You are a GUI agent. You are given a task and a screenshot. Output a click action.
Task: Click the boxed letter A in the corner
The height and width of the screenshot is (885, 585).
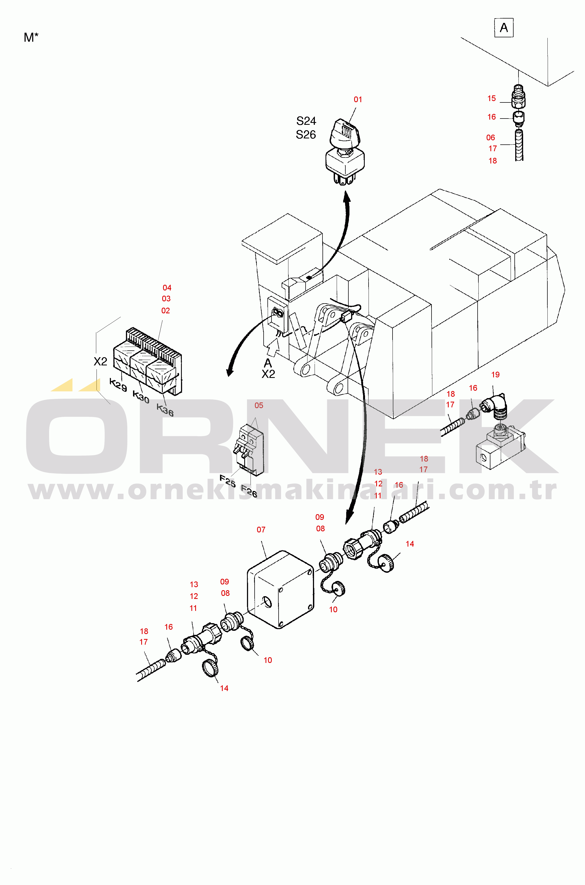[504, 28]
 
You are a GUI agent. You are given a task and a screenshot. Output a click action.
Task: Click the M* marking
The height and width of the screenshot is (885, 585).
[31, 37]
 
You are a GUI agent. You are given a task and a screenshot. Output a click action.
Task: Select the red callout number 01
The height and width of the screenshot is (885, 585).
[358, 99]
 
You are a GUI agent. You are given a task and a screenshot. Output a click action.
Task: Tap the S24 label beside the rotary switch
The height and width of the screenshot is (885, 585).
[306, 121]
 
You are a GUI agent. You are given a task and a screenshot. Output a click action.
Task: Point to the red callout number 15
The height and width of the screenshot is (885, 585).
[491, 98]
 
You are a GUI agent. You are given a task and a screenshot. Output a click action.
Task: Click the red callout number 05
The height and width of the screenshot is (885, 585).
[258, 405]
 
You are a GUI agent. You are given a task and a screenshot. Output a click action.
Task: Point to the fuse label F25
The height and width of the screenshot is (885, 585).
[227, 481]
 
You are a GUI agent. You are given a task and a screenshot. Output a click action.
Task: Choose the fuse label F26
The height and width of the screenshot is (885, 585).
[249, 491]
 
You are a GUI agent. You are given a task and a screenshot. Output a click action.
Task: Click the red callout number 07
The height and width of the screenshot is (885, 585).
[261, 530]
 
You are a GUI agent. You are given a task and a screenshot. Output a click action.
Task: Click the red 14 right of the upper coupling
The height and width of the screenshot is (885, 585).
[410, 544]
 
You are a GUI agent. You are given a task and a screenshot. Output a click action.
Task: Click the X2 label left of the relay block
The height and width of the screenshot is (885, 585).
[100, 361]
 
